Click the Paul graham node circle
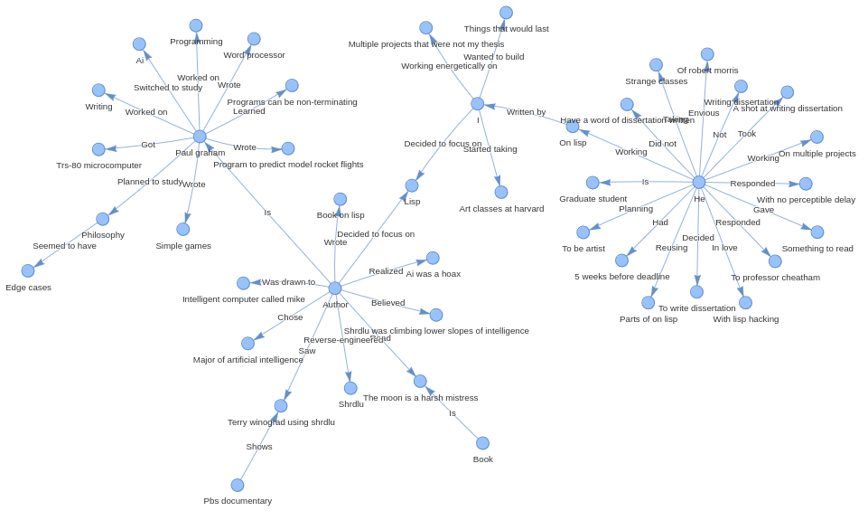200,137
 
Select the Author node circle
335,289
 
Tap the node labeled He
699,183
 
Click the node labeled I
478,104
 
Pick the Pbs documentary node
238,486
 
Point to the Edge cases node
28,271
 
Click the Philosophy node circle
103,219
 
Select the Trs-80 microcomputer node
98,149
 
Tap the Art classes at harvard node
501,193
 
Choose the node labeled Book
483,443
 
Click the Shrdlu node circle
350,388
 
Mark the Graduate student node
593,183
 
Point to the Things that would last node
506,13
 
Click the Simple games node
183,230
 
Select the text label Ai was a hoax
434,274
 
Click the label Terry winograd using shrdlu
281,422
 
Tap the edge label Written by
526,112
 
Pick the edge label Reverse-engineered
343,340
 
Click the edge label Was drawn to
288,282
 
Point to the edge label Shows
259,447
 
